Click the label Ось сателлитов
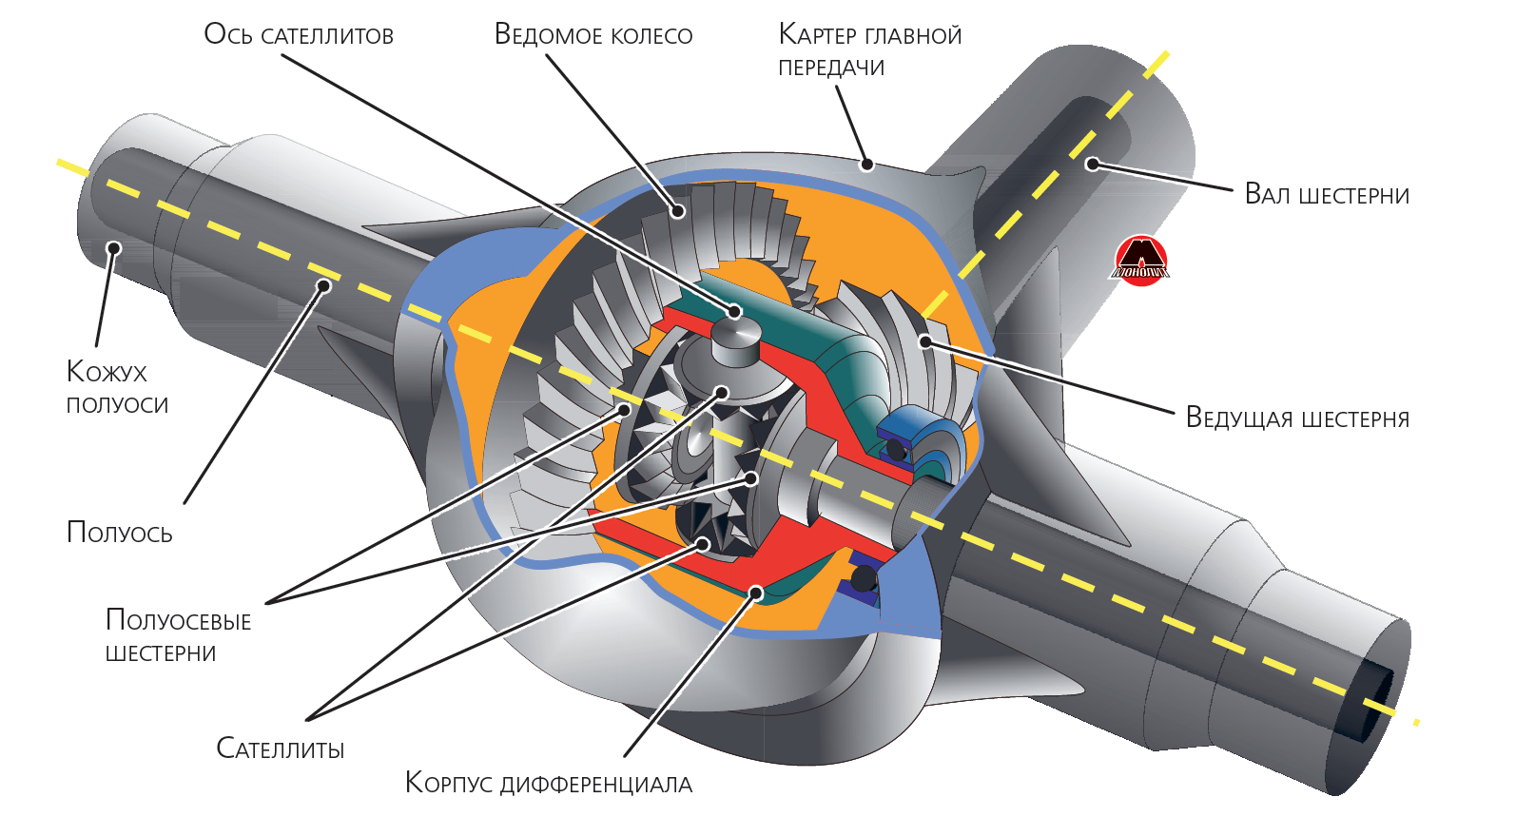[x=299, y=34]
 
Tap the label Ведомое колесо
[x=593, y=34]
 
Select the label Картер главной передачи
[x=869, y=50]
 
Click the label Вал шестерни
[x=1327, y=194]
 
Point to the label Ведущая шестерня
[x=1297, y=418]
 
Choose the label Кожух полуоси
[x=117, y=388]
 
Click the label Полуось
[x=119, y=533]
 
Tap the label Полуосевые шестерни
[x=178, y=636]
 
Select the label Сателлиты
[x=281, y=749]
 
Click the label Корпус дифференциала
[x=548, y=783]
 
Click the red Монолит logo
[x=1141, y=261]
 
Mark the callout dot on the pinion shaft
[x=1093, y=164]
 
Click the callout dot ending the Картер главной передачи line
[x=866, y=164]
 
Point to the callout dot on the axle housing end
[x=114, y=247]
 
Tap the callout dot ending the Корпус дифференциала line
[x=757, y=593]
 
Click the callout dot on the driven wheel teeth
[x=677, y=210]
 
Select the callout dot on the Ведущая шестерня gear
[x=925, y=341]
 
